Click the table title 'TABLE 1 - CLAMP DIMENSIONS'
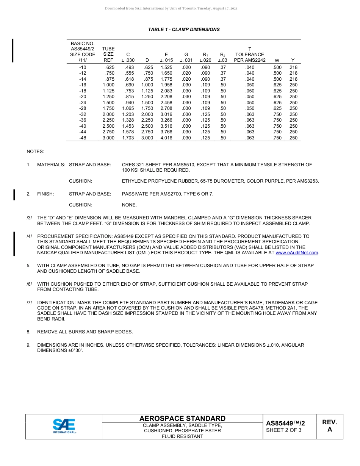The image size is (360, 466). click(x=184, y=30)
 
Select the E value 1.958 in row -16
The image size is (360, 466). click(x=166, y=85)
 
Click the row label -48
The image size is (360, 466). click(x=83, y=138)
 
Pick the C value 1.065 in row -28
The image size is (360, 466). click(x=128, y=108)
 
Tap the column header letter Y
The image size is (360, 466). click(x=293, y=60)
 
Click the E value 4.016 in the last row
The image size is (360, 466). click(x=166, y=138)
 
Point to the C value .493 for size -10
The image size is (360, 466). click(x=129, y=67)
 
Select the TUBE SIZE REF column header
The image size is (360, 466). click(x=108, y=55)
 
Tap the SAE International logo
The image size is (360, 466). click(x=64, y=426)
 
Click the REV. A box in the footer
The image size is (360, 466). click(x=329, y=426)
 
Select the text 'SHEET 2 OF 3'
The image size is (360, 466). click(x=283, y=430)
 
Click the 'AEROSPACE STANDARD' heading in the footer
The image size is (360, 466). click(x=182, y=418)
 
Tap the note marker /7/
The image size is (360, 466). click(x=29, y=303)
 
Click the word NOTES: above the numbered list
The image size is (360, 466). click(x=35, y=152)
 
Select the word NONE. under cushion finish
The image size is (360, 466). click(x=129, y=205)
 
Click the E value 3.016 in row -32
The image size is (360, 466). click(x=166, y=114)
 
